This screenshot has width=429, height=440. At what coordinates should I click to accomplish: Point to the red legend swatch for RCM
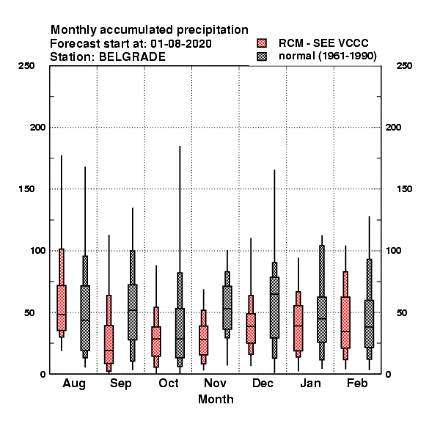pyautogui.click(x=262, y=43)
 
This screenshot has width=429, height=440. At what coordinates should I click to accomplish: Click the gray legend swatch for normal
pyautogui.click(x=262, y=56)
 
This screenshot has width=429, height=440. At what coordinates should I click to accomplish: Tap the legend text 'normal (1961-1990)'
pyautogui.click(x=327, y=56)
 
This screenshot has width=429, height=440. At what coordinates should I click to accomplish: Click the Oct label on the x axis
pyautogui.click(x=169, y=383)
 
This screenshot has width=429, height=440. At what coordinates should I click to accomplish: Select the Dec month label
pyautogui.click(x=263, y=383)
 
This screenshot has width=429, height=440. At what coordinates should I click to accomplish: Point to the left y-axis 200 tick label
pyautogui.click(x=38, y=128)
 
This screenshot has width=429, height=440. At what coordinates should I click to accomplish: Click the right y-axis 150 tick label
pyautogui.click(x=404, y=189)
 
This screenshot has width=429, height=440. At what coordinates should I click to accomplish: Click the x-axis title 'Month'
pyautogui.click(x=216, y=400)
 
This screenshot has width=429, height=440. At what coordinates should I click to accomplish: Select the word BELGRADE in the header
pyautogui.click(x=132, y=57)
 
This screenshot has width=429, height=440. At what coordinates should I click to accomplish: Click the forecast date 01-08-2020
pyautogui.click(x=181, y=44)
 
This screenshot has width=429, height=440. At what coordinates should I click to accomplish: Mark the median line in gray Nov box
pyautogui.click(x=227, y=309)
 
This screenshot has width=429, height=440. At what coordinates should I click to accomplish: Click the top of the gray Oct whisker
pyautogui.click(x=180, y=146)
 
